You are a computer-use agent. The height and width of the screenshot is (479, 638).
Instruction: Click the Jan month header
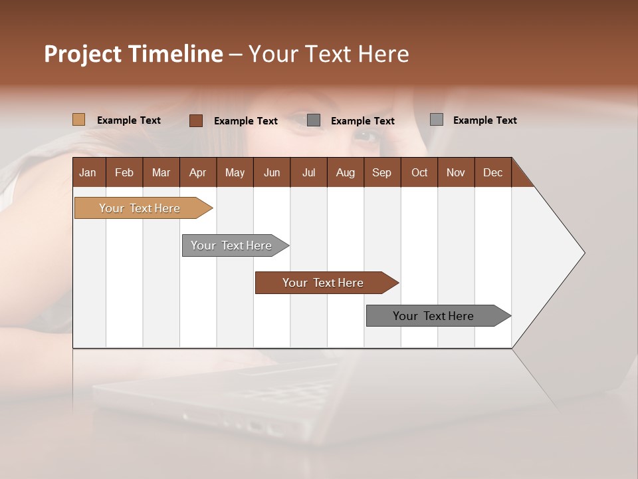pyautogui.click(x=88, y=172)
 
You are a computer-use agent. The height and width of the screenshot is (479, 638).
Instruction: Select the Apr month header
pyautogui.click(x=197, y=172)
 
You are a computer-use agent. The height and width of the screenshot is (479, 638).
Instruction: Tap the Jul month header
pyautogui.click(x=308, y=172)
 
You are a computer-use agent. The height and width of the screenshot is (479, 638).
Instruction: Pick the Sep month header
pyautogui.click(x=381, y=172)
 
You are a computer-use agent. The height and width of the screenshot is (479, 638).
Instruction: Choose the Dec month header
pyautogui.click(x=492, y=172)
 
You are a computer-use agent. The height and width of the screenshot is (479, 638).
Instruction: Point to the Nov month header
pyautogui.click(x=455, y=172)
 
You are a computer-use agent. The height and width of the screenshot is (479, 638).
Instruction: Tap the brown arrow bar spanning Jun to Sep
pyautogui.click(x=324, y=283)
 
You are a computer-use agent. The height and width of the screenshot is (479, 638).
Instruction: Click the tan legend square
pyautogui.click(x=78, y=120)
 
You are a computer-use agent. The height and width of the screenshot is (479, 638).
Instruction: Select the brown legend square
pyautogui.click(x=195, y=120)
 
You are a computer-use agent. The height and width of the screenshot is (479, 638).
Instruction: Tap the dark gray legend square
pyautogui.click(x=314, y=120)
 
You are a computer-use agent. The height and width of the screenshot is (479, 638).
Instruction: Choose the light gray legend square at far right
pyautogui.click(x=436, y=120)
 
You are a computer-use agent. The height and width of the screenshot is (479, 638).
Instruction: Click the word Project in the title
pyautogui.click(x=82, y=54)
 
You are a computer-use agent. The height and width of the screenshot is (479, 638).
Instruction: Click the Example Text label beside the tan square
pyautogui.click(x=128, y=120)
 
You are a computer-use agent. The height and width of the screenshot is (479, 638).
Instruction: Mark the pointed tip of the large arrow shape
pyautogui.click(x=584, y=253)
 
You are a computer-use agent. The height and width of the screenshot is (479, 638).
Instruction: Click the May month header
pyautogui.click(x=235, y=172)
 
